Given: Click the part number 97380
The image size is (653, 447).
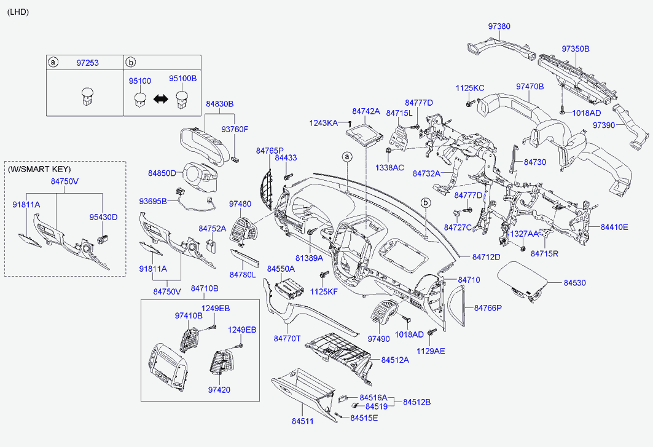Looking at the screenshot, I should [499, 26].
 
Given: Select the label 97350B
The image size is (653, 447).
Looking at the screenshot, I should [575, 49].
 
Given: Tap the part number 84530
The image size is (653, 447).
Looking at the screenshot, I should [575, 283].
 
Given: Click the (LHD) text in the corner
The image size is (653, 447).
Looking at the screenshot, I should [18, 12].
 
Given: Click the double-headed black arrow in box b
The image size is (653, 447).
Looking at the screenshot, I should [161, 98].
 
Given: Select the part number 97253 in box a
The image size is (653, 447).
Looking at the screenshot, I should [87, 63].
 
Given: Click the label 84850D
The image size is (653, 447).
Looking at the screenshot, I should [162, 173].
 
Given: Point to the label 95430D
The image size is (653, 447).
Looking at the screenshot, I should [103, 217].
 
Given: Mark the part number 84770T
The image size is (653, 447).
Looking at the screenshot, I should [287, 338].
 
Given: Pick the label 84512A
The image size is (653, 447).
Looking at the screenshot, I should [394, 360].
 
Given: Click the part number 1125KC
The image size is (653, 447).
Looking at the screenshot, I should [470, 88].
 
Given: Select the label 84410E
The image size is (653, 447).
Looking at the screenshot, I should [614, 227].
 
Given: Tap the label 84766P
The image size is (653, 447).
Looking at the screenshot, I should [488, 307].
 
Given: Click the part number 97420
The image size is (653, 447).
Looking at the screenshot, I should [219, 390].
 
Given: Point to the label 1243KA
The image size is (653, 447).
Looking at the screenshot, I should [323, 124].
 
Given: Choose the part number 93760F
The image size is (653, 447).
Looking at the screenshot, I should [235, 130].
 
